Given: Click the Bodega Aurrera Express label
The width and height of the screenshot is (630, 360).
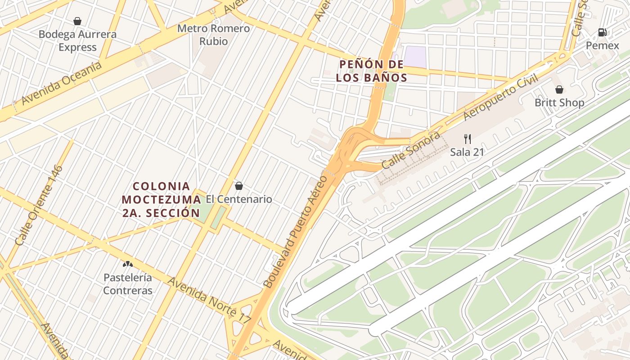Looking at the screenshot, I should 77,40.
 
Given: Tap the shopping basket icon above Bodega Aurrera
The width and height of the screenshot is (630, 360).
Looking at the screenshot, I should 77,21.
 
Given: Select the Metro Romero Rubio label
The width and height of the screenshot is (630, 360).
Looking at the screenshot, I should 213,35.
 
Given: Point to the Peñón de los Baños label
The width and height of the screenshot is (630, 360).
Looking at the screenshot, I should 371,71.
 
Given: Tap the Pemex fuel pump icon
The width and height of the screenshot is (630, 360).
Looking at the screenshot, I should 602,32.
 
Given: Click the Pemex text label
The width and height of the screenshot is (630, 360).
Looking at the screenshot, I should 602,45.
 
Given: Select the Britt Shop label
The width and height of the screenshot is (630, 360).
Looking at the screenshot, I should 559,103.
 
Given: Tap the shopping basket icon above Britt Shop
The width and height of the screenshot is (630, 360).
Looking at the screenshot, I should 559,90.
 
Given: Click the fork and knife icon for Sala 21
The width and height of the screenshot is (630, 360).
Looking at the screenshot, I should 468,139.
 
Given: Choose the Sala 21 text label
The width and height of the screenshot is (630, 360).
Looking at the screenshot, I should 467,152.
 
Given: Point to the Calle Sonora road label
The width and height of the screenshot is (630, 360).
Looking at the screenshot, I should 410,150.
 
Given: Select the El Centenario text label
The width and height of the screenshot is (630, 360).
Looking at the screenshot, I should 239,199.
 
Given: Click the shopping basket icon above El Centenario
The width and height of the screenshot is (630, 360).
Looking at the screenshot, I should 239,186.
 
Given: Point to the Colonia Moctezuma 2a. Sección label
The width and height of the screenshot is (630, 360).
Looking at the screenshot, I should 162,199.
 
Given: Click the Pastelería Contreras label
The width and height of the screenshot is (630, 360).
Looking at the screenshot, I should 128,284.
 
